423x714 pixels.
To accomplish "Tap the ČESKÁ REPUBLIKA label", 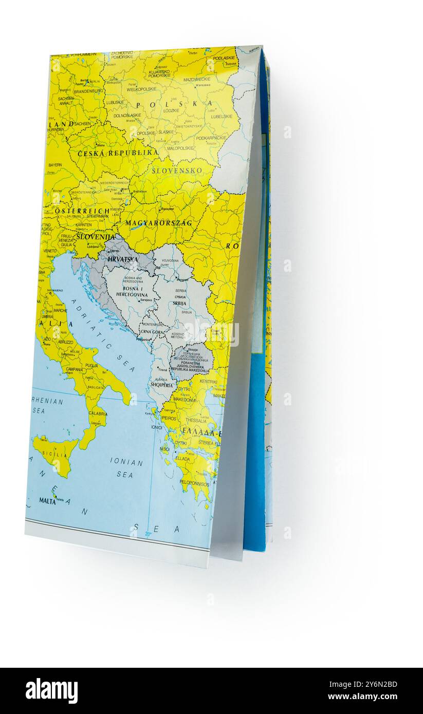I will (x=118, y=153).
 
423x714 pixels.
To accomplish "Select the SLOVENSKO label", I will (x=177, y=171).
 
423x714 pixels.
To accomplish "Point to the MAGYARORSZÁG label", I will (x=158, y=223).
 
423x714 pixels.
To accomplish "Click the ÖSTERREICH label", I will (x=82, y=211).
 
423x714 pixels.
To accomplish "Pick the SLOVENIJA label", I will (x=96, y=237).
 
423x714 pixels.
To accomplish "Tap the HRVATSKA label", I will (x=123, y=259).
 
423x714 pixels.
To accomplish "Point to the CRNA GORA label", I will (x=152, y=332).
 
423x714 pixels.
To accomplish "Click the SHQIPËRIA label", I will (x=161, y=385).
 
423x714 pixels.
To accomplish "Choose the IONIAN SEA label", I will (x=126, y=467).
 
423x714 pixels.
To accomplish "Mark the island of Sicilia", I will (x=56, y=453).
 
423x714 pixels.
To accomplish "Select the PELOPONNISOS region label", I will (x=194, y=484).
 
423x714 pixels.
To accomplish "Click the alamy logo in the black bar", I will (x=51, y=691).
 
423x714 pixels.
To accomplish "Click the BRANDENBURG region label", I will (x=88, y=91).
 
